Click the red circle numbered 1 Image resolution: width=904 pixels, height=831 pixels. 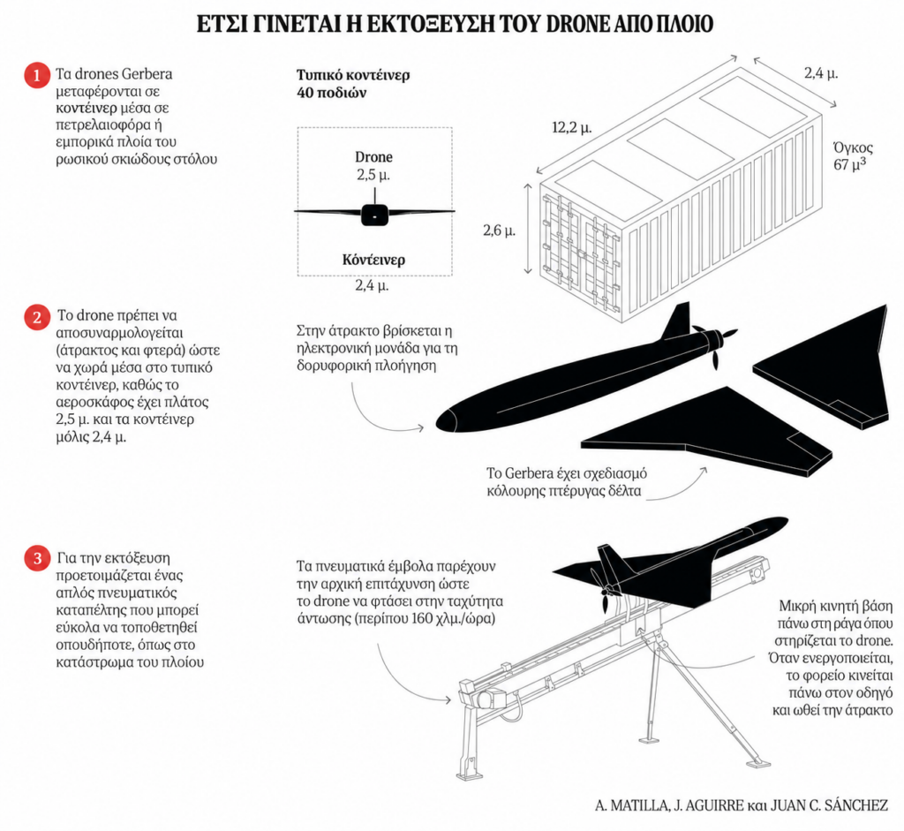[x=37, y=76]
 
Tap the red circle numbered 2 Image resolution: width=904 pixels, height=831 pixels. [x=37, y=317]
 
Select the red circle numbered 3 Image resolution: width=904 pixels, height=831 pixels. [x=37, y=559]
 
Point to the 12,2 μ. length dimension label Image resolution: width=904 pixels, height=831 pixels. [x=571, y=127]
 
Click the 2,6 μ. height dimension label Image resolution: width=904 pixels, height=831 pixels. [x=500, y=230]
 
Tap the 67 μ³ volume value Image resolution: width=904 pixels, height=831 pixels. [x=849, y=164]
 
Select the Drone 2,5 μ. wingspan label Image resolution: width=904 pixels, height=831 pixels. [x=373, y=166]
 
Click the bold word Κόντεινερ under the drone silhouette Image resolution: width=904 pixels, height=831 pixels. [x=373, y=261]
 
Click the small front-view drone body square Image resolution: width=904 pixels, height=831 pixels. [x=374, y=215]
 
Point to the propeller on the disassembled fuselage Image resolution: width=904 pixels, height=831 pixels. [x=717, y=347]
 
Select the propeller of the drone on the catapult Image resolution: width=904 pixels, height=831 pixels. [x=606, y=591]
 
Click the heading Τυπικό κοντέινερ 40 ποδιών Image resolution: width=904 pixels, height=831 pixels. [x=353, y=84]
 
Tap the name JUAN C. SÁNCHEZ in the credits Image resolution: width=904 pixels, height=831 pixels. [x=829, y=805]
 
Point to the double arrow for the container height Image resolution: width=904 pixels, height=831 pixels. [x=528, y=229]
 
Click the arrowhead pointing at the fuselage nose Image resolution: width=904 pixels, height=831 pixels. [x=421, y=428]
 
